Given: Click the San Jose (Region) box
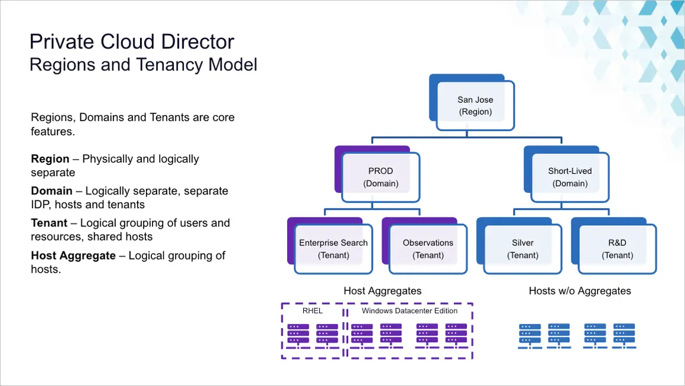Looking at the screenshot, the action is tap(475, 105).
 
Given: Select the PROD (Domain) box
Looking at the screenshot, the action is tap(381, 177).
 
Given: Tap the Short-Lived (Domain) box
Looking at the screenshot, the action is tap(570, 177).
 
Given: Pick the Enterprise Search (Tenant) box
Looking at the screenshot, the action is tap(333, 249).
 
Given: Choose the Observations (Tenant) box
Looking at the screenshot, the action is tap(428, 249).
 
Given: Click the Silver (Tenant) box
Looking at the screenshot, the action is tap(522, 249).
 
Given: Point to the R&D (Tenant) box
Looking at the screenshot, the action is tap(617, 249).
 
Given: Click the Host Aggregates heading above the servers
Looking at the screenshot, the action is tap(383, 291).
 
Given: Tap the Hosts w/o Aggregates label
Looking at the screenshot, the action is tap(580, 291).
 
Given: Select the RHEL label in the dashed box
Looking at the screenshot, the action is tap(312, 311).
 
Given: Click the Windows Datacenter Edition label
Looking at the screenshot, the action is tap(410, 311).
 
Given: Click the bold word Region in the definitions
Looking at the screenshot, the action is tap(50, 158).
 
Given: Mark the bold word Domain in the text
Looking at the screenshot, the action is tap(51, 191).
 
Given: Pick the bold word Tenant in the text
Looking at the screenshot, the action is tap(49, 223).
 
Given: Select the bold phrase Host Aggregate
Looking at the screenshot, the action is tap(73, 255).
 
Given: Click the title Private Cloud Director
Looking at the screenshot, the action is tap(132, 42).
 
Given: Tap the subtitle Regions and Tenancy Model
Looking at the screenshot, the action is tap(143, 64).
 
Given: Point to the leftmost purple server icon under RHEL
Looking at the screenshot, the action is tap(298, 336).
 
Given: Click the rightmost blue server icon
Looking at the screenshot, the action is tap(624, 336).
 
